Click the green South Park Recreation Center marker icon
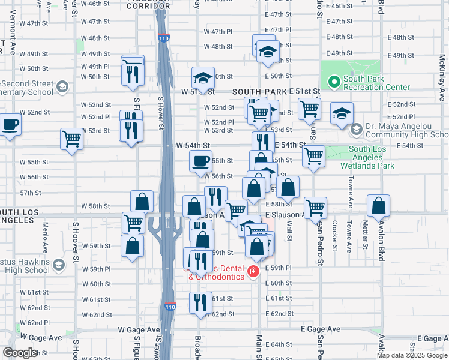pos(333,80)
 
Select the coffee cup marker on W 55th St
pos(200,161)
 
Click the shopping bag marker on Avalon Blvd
pos(379,206)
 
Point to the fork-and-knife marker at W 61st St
pos(200,302)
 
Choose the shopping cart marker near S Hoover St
pos(71,139)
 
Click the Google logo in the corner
pos(20,353)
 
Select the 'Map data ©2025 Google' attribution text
pos(411,355)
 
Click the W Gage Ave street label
pos(139,330)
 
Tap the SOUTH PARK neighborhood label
pos(260,91)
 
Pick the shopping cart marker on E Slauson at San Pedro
pos(315,208)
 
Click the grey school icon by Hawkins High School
pos(59,265)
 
